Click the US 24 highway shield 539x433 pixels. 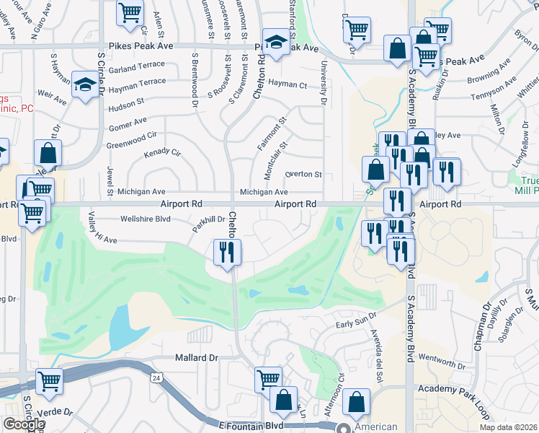(x=156, y=377)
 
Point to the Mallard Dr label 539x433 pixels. (x=196, y=357)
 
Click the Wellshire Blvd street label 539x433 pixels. (x=145, y=218)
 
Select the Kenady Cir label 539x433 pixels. (x=162, y=154)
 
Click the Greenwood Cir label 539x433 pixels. (x=131, y=135)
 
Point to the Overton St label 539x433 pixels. (x=303, y=175)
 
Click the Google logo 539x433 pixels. (x=23, y=424)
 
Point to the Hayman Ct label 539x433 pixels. (x=288, y=84)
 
